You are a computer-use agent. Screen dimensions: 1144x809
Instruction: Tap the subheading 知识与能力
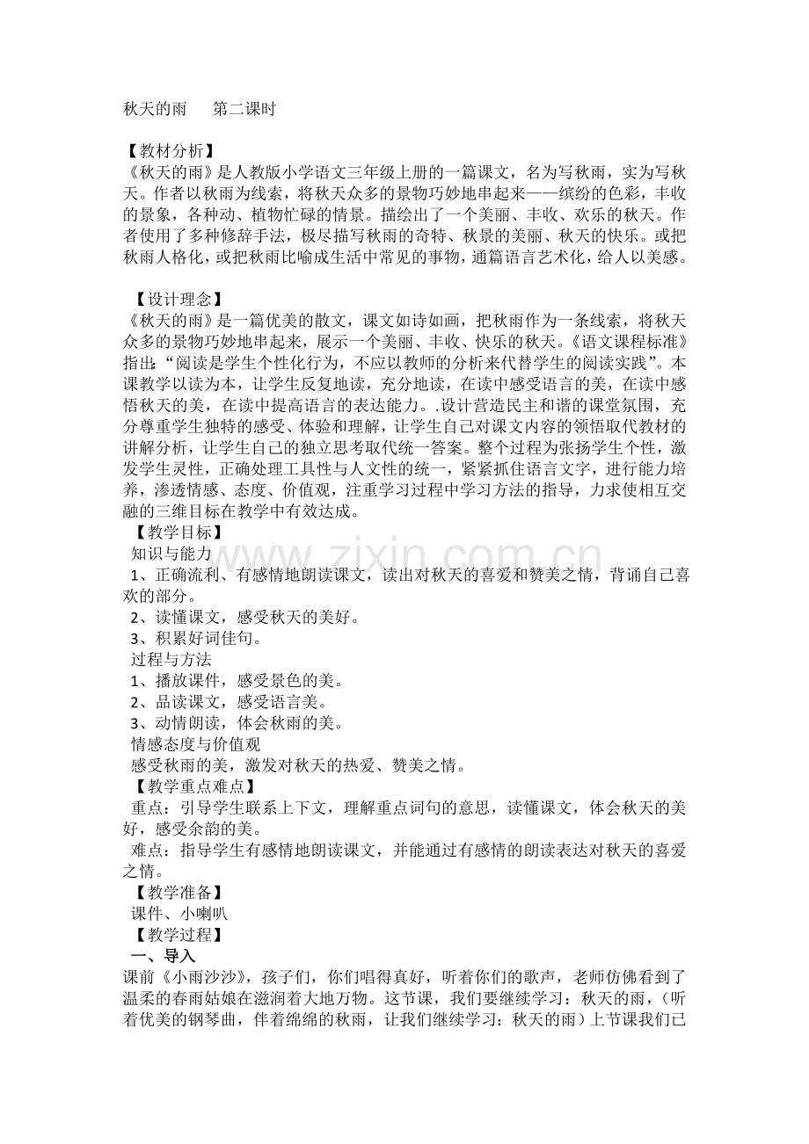[x=171, y=553]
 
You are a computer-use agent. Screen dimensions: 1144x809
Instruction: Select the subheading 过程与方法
[x=171, y=658]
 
